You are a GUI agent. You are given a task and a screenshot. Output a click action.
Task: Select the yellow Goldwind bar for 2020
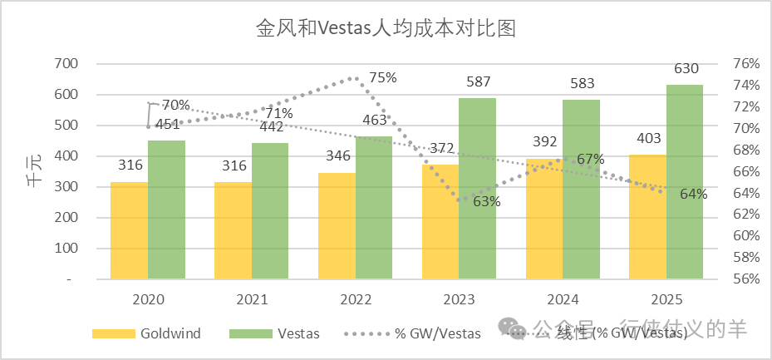130,230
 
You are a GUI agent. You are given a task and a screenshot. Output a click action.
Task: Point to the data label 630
686,68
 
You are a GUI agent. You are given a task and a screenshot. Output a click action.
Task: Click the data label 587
478,81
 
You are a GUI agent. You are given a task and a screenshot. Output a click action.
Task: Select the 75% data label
382,77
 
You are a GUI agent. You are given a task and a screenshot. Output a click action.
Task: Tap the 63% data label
486,201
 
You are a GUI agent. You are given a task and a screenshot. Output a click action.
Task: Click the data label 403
651,138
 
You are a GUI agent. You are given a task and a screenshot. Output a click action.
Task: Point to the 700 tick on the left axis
66,63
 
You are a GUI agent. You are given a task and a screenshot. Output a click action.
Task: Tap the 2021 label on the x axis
252,298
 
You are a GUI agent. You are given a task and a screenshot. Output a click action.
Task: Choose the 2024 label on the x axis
563,298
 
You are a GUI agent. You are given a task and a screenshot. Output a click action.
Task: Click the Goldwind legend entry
147,333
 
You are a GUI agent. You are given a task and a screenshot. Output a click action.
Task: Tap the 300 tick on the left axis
66,187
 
